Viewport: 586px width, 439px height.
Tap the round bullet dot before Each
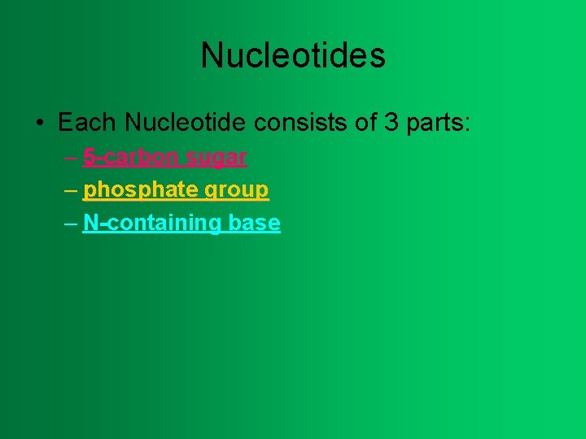[39, 124]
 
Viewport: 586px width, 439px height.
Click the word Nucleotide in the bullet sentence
[186, 124]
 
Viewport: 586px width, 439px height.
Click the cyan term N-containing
[153, 224]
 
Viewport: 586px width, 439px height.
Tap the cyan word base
[255, 224]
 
